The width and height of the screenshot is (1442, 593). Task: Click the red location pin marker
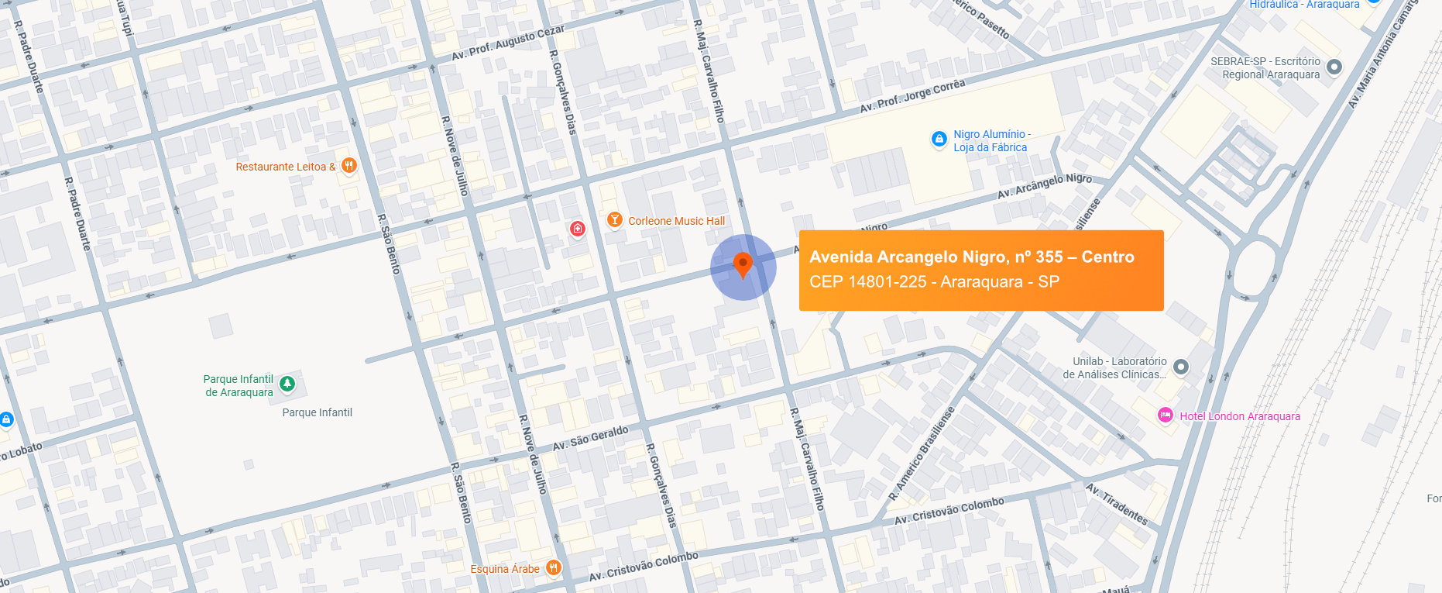(x=743, y=264)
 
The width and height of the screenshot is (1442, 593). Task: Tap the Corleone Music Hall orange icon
(x=614, y=220)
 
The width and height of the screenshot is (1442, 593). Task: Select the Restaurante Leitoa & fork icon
(x=349, y=165)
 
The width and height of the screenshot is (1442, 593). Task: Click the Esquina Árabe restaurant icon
(x=553, y=568)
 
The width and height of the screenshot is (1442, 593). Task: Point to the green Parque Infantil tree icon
(x=287, y=384)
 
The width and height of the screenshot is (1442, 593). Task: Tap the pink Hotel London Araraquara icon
(x=1165, y=415)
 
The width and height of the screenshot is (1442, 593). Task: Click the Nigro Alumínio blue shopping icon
(x=939, y=139)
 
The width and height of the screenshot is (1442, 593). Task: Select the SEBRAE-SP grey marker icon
(x=1334, y=67)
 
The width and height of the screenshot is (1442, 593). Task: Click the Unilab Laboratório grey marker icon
(x=1180, y=367)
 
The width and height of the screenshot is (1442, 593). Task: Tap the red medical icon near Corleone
(x=577, y=229)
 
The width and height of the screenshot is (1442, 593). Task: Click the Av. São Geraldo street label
(x=590, y=438)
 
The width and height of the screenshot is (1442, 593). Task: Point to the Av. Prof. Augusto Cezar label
(x=508, y=43)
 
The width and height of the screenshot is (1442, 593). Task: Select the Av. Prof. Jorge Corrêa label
(x=912, y=96)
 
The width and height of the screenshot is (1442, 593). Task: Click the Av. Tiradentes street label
(x=1116, y=504)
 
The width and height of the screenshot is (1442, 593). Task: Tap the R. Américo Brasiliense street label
(x=922, y=453)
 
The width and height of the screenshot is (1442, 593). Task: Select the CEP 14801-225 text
(x=867, y=281)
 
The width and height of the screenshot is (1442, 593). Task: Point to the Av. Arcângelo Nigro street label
(x=1044, y=185)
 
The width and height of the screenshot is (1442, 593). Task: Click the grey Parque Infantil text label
(x=317, y=412)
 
